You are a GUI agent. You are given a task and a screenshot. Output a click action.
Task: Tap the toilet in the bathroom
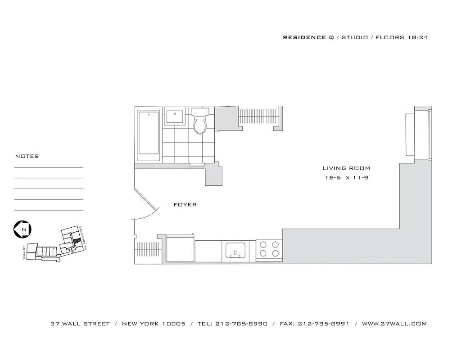[x=199, y=122]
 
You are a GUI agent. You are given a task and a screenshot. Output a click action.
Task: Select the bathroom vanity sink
[x=173, y=117]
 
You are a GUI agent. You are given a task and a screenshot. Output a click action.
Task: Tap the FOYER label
[x=185, y=205]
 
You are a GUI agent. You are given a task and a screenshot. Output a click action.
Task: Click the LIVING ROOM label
[x=346, y=168]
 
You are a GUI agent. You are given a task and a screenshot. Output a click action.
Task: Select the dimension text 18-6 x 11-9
[x=347, y=178]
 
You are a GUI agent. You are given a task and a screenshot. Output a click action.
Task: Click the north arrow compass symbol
[x=22, y=229]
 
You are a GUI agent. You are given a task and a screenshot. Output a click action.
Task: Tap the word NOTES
[x=27, y=157]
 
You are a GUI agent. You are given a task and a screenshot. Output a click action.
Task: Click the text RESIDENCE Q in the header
[x=308, y=37]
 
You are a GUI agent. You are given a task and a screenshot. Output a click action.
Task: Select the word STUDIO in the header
[x=355, y=37]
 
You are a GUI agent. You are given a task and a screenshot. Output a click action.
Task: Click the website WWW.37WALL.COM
[x=394, y=324]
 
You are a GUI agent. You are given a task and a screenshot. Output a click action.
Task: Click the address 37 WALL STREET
[x=80, y=324]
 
